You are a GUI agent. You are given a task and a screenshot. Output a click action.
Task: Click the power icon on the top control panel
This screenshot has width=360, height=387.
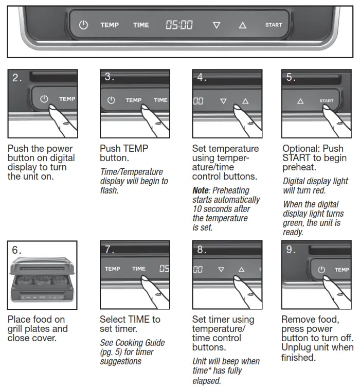click(x=84, y=25)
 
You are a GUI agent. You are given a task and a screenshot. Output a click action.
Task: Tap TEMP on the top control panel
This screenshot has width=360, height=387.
click(x=110, y=25)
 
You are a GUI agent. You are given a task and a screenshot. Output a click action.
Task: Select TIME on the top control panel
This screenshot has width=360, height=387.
click(x=141, y=25)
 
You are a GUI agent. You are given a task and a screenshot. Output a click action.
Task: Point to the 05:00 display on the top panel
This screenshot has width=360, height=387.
click(x=179, y=25)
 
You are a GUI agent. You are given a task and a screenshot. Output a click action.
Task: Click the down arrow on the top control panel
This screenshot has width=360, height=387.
click(x=216, y=25)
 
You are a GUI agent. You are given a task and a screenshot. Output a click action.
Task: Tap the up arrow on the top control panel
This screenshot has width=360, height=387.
click(x=242, y=25)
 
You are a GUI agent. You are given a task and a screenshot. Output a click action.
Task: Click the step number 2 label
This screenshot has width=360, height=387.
click(x=17, y=78)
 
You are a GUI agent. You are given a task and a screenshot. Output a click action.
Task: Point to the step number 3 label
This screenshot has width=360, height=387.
click(x=110, y=77)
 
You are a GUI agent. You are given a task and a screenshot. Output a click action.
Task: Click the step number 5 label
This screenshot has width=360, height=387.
click(x=291, y=78)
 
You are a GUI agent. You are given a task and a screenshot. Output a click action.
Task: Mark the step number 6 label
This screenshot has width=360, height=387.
click(x=17, y=250)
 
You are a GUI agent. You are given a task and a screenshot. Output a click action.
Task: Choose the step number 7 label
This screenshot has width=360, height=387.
click(x=110, y=250)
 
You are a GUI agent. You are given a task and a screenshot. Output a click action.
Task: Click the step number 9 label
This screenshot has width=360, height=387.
click(x=291, y=250)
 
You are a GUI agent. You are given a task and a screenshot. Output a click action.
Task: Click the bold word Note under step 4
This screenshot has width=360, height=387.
click(x=201, y=191)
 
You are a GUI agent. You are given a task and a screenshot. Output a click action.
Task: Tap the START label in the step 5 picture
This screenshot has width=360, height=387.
click(x=326, y=101)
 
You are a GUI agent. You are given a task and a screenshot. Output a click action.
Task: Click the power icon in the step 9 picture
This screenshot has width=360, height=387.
click(x=321, y=269)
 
